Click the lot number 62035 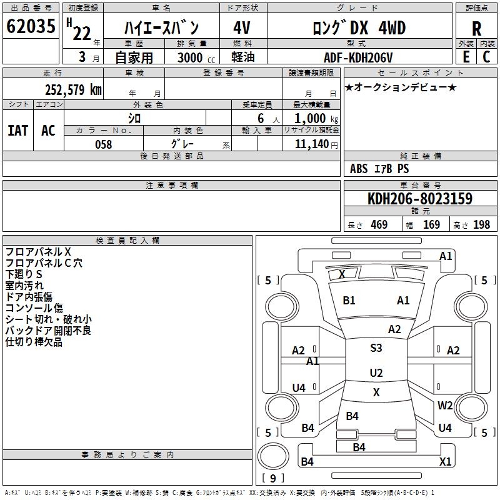point(31,27)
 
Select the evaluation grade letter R point(476,29)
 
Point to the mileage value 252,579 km point(72,89)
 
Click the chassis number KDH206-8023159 point(419,199)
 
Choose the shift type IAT point(17,131)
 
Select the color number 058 point(103,144)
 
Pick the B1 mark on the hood point(349,301)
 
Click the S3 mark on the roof point(376,348)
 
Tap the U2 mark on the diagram point(376,373)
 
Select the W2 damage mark point(445,406)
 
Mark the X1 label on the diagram point(445,462)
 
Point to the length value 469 point(379,225)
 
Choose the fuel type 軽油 point(242,57)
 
